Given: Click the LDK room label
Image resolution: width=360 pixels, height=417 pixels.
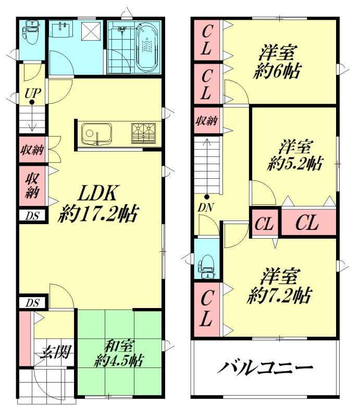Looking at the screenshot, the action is (x=98, y=203).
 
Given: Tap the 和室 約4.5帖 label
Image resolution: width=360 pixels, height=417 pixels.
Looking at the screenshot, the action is (x=119, y=353).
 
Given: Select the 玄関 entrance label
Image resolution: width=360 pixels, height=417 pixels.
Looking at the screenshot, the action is (x=56, y=352).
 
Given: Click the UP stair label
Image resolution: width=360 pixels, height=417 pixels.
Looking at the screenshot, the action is (x=33, y=93).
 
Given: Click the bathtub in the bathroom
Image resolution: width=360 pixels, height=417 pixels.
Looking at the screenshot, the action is (x=147, y=47).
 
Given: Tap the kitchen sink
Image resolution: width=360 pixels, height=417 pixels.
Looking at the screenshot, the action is (x=96, y=134).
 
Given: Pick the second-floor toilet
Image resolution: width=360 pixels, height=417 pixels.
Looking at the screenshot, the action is (x=207, y=266).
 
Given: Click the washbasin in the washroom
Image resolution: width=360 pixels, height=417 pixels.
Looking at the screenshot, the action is (x=61, y=30).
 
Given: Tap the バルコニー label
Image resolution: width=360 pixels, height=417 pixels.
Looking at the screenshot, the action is (x=265, y=367).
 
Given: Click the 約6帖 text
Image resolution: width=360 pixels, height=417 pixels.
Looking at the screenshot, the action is (x=277, y=71).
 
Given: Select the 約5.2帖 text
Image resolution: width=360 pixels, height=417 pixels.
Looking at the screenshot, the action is (x=294, y=163).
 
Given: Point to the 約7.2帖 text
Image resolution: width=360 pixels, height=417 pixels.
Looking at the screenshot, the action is (x=279, y=295).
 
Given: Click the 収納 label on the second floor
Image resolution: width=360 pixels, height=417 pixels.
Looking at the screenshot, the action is (x=207, y=121).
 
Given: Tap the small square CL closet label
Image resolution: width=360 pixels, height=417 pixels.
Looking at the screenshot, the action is (x=264, y=224).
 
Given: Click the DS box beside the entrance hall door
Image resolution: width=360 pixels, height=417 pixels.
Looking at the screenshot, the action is (x=32, y=303).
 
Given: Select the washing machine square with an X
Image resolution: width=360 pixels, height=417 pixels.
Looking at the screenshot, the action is (x=91, y=32).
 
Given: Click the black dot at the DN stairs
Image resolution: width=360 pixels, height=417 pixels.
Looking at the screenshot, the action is (x=206, y=197).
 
